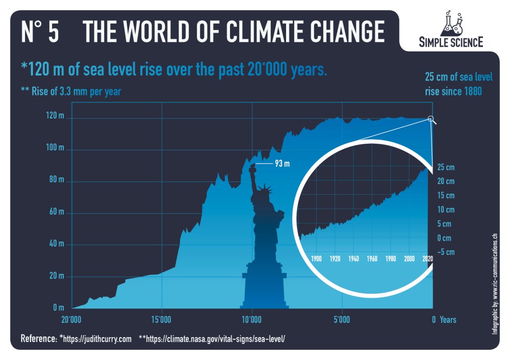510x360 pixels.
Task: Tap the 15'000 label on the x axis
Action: pyautogui.click(x=161, y=320)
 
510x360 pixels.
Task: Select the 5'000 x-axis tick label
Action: pyautogui.click(x=342, y=320)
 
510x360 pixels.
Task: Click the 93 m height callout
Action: pyautogui.click(x=282, y=164)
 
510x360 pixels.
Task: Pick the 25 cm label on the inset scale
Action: pyautogui.click(x=445, y=167)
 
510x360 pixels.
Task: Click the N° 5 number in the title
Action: pyautogui.click(x=40, y=32)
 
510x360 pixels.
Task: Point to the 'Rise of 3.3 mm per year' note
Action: pyautogui.click(x=71, y=92)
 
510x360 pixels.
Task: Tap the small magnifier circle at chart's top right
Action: pyautogui.click(x=431, y=119)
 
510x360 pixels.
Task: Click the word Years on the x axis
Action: pyautogui.click(x=448, y=320)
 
